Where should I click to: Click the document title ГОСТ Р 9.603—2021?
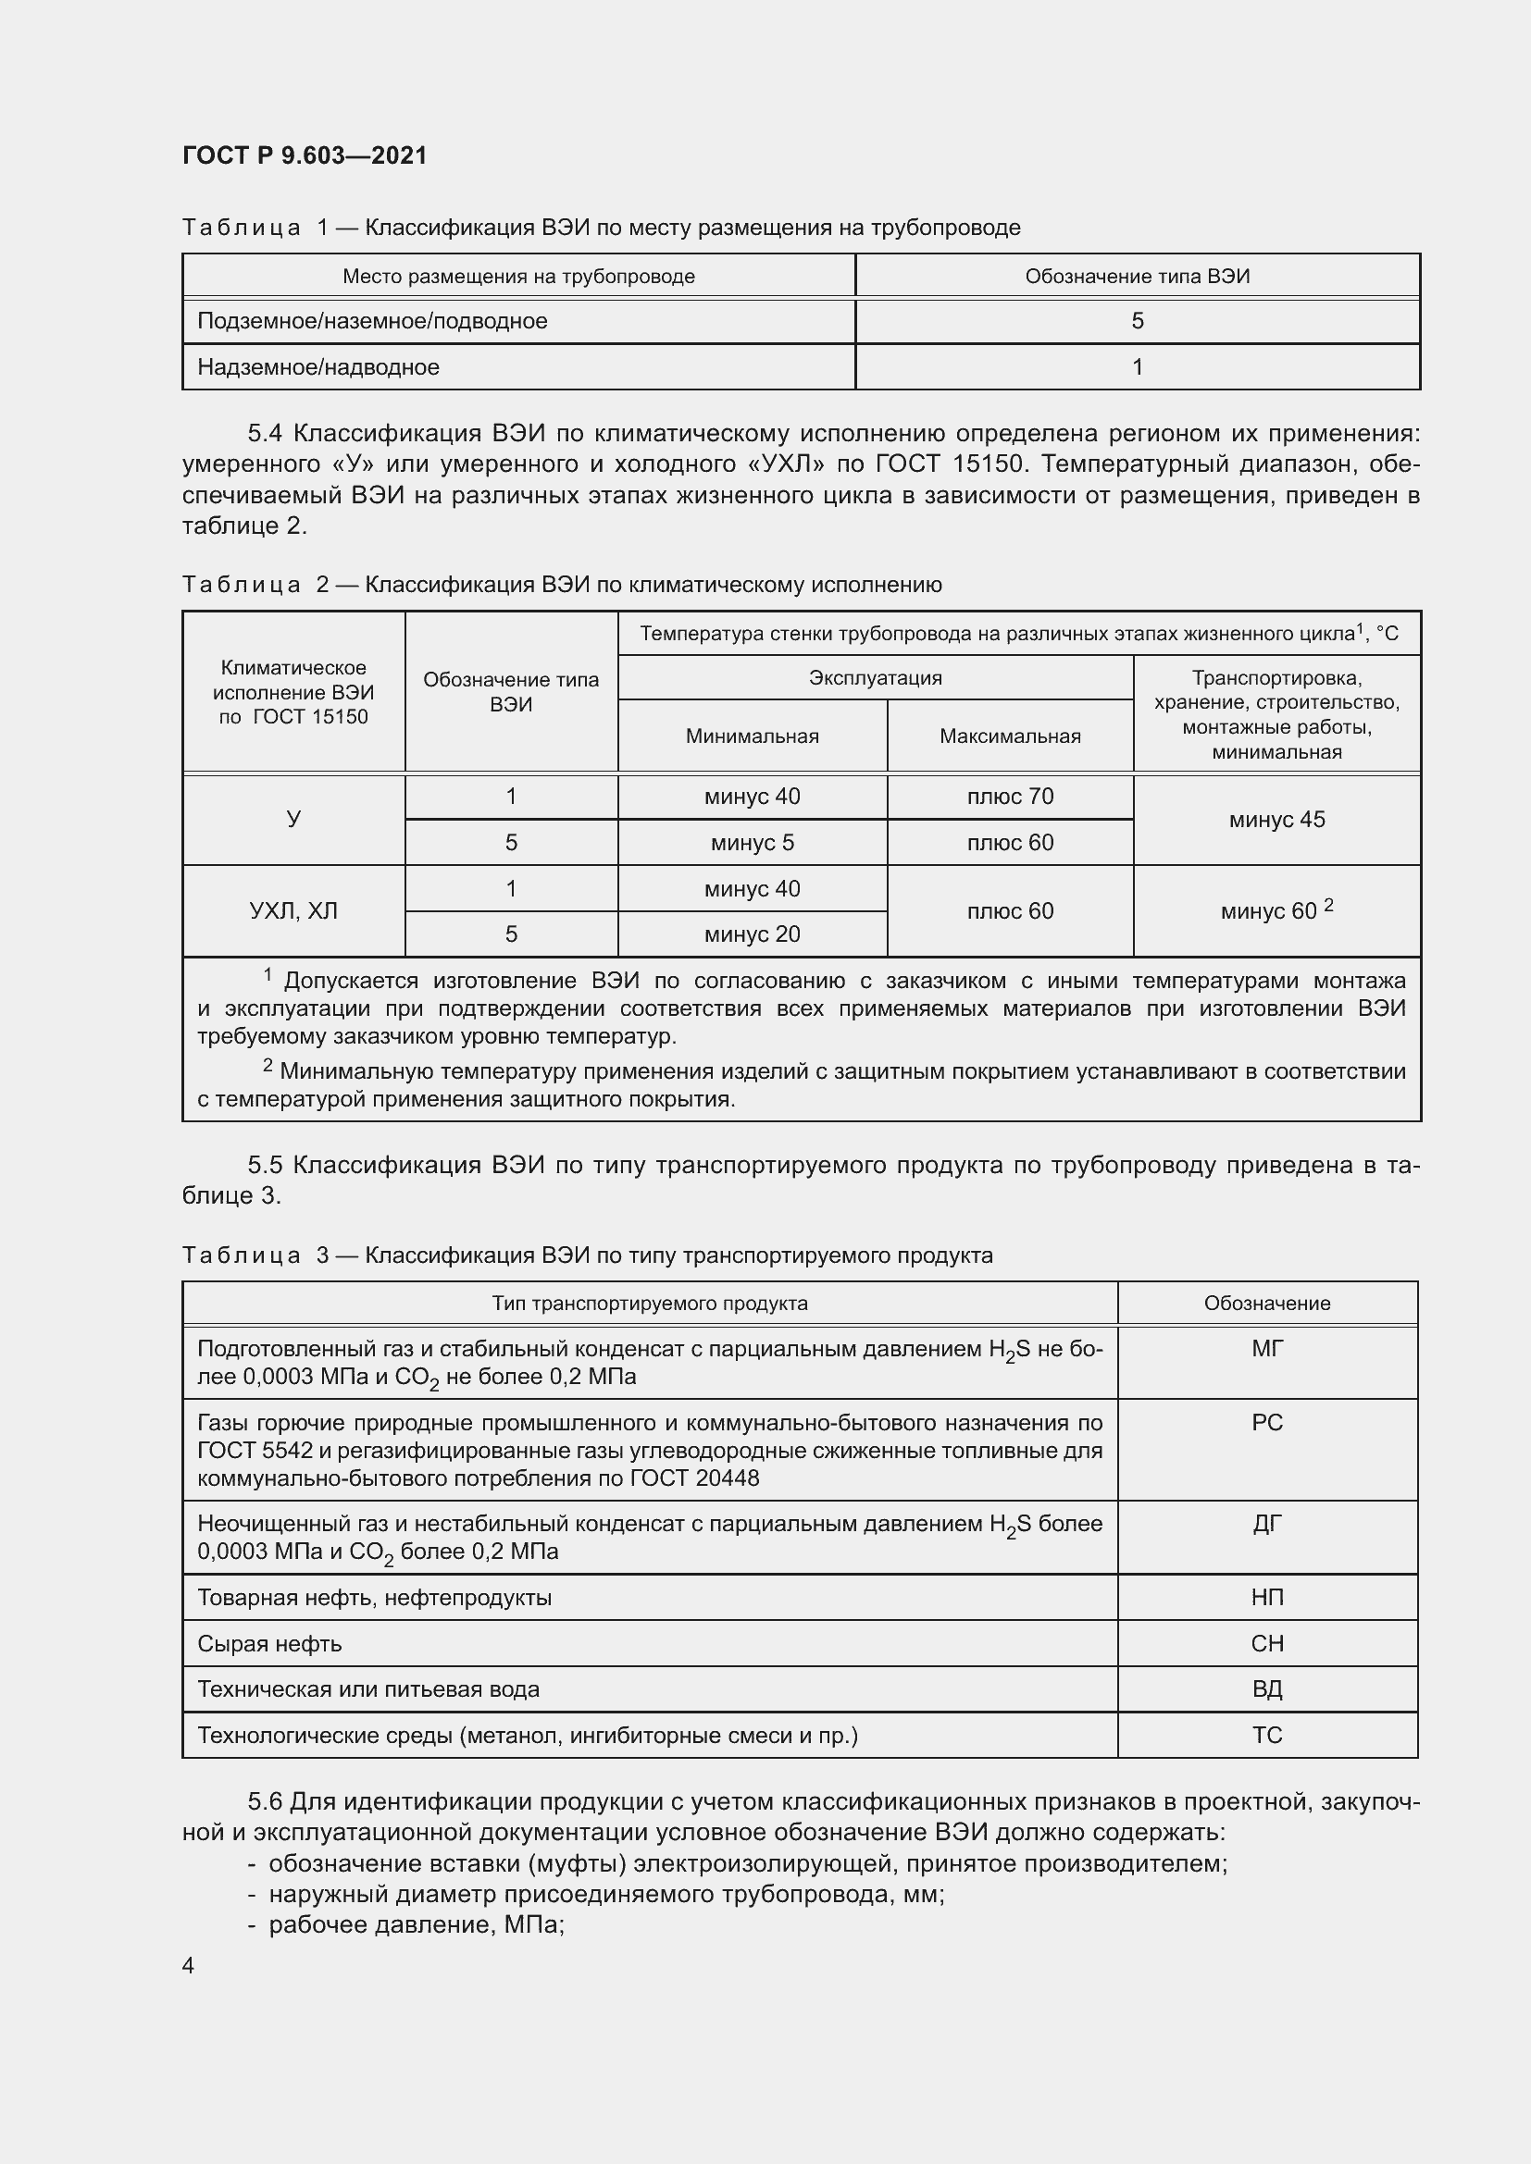click(305, 155)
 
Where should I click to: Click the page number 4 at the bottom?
click(189, 1965)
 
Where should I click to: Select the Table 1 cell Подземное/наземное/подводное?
click(372, 321)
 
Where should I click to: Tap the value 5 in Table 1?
click(1137, 321)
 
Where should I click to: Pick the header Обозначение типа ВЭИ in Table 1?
click(1137, 276)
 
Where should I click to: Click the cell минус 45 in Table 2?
click(1276, 820)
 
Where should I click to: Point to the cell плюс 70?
click(1010, 797)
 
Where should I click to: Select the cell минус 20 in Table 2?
click(752, 934)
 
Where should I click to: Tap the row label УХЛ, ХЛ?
click(293, 911)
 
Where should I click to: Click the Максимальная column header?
click(1010, 736)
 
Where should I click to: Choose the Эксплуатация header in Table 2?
click(875, 677)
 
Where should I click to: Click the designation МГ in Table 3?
click(1267, 1349)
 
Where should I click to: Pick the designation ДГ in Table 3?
click(1267, 1524)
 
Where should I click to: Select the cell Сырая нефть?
click(269, 1644)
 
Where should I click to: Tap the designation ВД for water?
click(1267, 1689)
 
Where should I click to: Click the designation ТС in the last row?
click(1267, 1735)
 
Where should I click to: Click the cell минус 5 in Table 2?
click(752, 843)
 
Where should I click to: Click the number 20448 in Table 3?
click(727, 1478)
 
